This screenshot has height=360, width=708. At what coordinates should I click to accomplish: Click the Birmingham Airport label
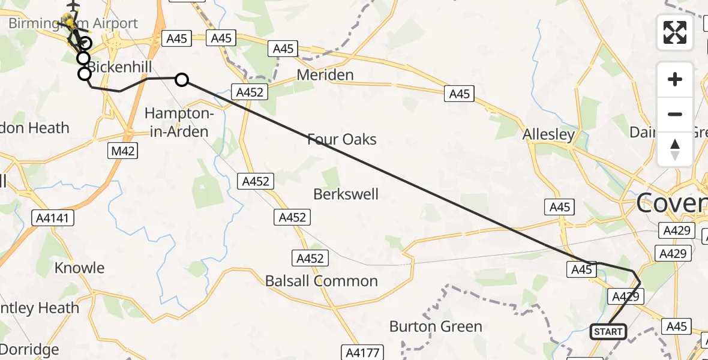[73, 24]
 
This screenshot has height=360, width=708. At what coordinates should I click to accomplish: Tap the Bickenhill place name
[117, 67]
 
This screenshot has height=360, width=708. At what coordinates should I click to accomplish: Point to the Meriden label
[326, 75]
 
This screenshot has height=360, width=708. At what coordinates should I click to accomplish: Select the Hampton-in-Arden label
[179, 122]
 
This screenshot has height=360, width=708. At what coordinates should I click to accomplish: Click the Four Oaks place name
[341, 140]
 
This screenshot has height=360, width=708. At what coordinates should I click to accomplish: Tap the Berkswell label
[346, 194]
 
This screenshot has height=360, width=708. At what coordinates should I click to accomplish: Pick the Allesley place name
[548, 134]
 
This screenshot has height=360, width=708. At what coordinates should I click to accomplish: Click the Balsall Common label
[322, 281]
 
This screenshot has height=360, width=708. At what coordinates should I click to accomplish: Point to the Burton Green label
[436, 326]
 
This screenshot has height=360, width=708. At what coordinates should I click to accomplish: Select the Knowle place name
[79, 268]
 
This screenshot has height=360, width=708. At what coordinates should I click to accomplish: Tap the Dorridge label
[29, 349]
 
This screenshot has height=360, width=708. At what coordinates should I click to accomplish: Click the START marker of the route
[608, 332]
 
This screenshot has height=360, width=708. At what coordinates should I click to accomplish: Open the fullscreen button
[675, 32]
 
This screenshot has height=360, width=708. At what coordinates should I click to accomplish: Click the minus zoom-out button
[675, 114]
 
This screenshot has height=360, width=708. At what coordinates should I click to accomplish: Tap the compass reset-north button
[675, 149]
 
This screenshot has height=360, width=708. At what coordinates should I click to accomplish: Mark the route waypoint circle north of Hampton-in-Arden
[181, 79]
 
